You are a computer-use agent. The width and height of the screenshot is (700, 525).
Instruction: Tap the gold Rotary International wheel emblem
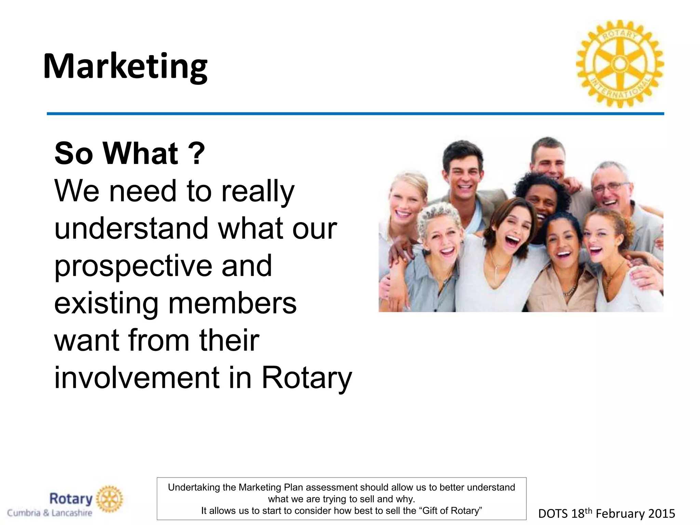coord(620,64)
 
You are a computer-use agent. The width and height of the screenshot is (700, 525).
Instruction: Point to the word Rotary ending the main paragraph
coord(306,378)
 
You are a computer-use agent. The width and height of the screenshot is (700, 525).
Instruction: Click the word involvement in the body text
coord(136,378)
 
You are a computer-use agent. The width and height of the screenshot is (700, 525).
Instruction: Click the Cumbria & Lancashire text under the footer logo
coord(50,513)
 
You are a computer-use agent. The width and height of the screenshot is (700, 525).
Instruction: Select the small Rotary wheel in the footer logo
coord(109,499)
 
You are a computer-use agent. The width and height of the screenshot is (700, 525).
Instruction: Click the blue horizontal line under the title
coord(355,113)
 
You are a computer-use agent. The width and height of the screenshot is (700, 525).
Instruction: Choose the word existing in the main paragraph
coord(106,303)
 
